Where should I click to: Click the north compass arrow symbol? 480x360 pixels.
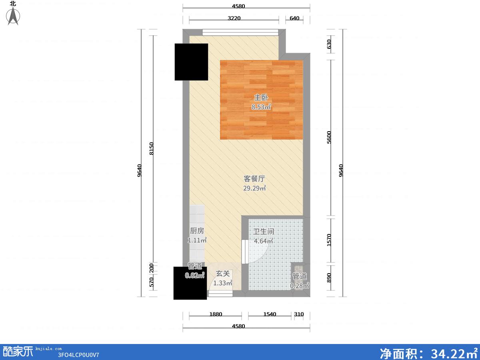(13, 16)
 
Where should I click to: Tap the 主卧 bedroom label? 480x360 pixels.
(261, 98)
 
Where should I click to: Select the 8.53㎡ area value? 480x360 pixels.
(261, 107)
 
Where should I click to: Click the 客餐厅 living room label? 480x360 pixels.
(254, 178)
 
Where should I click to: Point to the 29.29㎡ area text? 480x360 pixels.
(254, 188)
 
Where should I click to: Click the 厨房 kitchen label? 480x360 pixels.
(197, 231)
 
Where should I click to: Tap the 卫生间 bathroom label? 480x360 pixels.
(264, 232)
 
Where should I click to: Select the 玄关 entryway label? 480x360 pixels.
(223, 274)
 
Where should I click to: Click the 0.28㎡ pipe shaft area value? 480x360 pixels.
(300, 286)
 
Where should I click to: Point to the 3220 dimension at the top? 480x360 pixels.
(234, 18)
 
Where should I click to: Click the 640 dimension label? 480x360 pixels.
(294, 18)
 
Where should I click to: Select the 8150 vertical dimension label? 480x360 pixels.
(151, 149)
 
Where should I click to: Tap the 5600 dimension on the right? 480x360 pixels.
(329, 137)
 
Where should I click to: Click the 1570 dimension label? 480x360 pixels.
(329, 240)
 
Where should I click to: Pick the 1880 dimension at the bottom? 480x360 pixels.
(216, 314)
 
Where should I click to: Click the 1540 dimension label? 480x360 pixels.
(270, 314)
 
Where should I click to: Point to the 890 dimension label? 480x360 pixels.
(329, 278)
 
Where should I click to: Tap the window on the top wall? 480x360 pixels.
(240, 32)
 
